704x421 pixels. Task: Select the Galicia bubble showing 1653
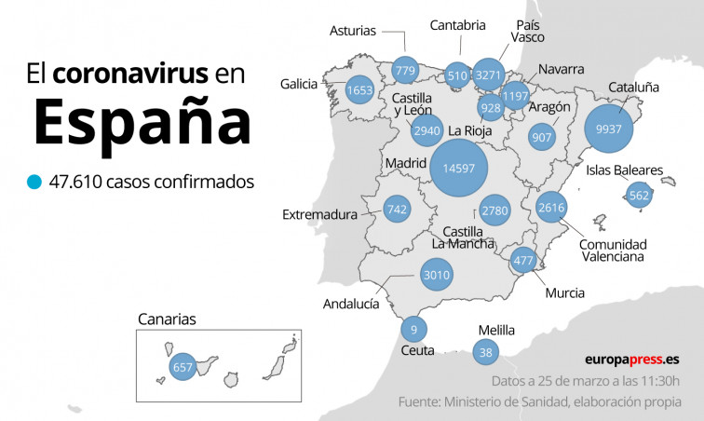click(359, 90)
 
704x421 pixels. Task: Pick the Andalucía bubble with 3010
click(436, 275)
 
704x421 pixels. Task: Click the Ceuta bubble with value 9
click(413, 329)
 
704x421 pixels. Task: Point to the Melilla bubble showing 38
click(485, 352)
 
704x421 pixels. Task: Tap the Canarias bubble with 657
click(183, 368)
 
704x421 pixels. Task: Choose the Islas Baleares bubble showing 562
click(639, 196)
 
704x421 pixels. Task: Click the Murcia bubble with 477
click(523, 261)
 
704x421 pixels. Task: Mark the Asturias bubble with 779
click(405, 71)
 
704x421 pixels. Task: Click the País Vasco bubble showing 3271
click(488, 75)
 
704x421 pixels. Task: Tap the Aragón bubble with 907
click(540, 137)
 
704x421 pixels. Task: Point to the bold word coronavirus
click(130, 75)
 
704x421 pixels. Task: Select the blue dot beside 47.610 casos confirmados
click(35, 182)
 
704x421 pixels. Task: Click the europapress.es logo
click(632, 359)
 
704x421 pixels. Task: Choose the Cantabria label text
click(457, 25)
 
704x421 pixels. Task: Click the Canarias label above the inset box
click(167, 319)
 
